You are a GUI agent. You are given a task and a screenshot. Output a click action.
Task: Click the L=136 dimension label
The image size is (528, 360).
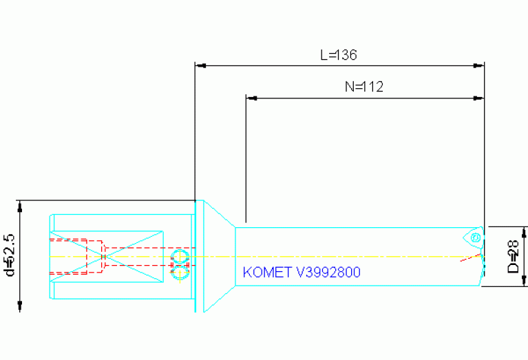point(339,54)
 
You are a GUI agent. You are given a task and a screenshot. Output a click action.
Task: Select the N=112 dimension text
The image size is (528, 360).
point(364,87)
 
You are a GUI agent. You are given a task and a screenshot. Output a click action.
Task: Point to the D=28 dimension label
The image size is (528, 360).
point(513,256)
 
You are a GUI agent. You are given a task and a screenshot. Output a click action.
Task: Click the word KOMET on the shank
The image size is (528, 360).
point(267,272)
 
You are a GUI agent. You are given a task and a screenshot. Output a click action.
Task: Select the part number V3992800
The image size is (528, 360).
point(328,272)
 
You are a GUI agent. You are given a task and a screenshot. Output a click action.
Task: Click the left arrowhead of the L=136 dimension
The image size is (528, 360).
point(201,65)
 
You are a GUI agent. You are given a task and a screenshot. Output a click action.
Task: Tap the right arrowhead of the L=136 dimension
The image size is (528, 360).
point(478,65)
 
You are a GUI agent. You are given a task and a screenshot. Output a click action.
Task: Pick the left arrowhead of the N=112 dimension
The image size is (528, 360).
point(251,98)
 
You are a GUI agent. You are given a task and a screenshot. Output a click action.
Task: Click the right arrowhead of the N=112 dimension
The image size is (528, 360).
point(478,98)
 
